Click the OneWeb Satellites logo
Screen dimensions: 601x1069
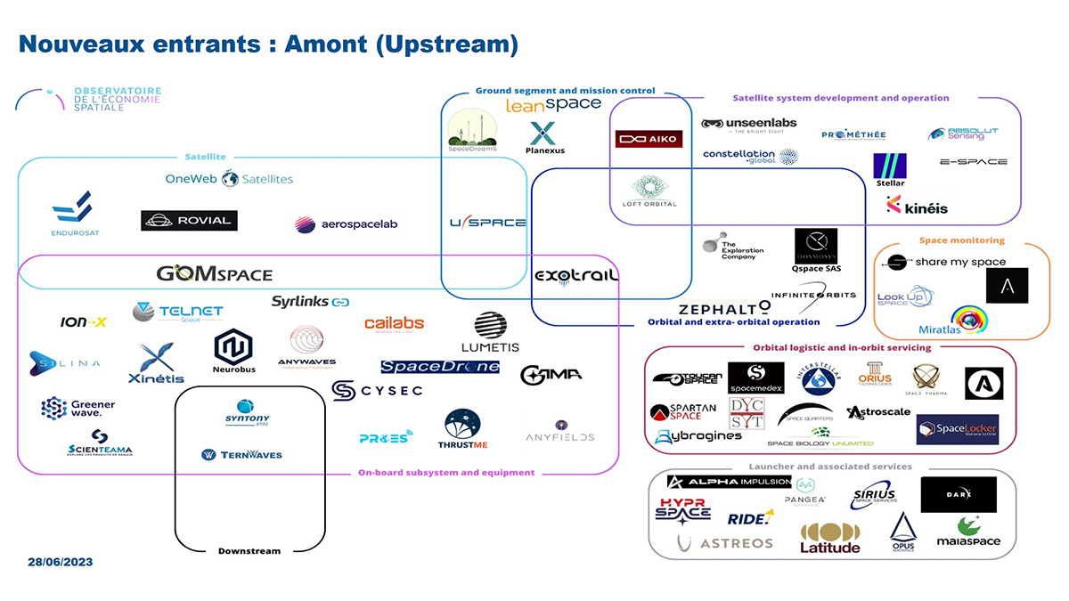point(229,179)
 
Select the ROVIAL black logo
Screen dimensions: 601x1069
point(189,221)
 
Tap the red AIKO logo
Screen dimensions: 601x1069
point(649,139)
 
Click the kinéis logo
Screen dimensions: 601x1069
point(917,206)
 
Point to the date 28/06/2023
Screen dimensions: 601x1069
point(60,563)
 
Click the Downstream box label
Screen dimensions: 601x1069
point(249,551)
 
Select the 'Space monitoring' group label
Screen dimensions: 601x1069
point(961,240)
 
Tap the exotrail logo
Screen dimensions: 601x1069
point(575,277)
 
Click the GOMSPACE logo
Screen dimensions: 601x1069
point(214,273)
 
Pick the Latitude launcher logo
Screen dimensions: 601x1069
point(830,538)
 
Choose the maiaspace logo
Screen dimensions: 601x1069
point(968,532)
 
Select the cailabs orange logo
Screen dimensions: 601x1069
point(394,324)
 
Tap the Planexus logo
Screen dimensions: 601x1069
point(543,138)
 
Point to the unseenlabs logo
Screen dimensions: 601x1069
point(748,124)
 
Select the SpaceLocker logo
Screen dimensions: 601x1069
point(957,429)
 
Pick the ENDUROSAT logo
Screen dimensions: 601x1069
point(72,215)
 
